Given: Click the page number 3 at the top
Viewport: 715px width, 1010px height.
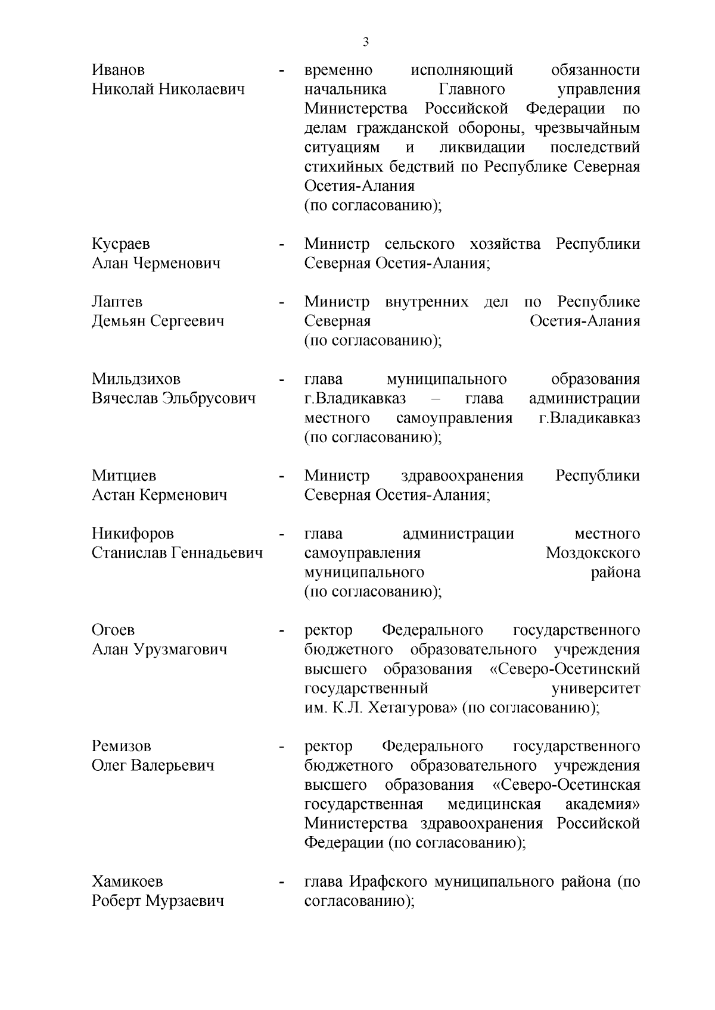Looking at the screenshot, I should click(x=366, y=42).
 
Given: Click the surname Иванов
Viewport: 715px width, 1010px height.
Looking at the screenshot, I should click(x=118, y=70).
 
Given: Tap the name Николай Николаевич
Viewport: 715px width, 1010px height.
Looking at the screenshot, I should click(x=168, y=90).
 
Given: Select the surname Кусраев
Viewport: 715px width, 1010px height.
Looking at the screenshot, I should click(x=120, y=244).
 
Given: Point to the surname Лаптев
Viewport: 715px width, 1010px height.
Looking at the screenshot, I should click(x=117, y=302).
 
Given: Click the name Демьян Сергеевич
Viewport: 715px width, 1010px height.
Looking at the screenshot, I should click(x=158, y=321).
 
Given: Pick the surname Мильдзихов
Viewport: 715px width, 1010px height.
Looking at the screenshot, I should click(x=136, y=379).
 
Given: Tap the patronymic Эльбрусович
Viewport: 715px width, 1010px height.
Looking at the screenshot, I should click(x=209, y=399).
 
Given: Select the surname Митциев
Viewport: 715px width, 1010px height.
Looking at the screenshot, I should click(x=124, y=476).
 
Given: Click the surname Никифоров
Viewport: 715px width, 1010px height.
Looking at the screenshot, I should click(x=132, y=534).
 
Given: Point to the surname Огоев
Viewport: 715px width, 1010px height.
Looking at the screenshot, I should click(x=113, y=630).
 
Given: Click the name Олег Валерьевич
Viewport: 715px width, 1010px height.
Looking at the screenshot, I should click(x=153, y=765).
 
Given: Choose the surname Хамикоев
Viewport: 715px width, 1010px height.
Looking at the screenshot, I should click(x=127, y=881).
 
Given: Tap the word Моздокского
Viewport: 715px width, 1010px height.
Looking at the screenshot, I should click(x=593, y=554).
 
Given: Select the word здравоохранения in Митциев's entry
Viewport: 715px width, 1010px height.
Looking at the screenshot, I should click(x=462, y=476).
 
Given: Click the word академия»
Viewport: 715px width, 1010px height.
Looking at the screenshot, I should click(x=602, y=805).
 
